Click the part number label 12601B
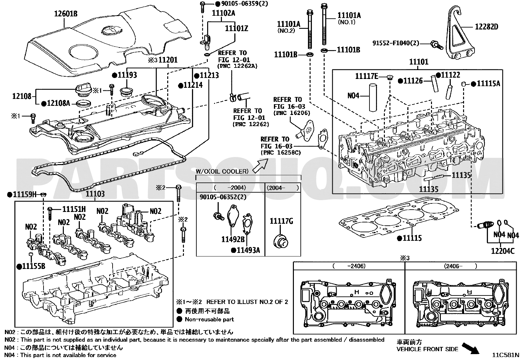65,14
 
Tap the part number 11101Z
236,28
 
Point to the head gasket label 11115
412,238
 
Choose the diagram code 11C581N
506,355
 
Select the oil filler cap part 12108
83,90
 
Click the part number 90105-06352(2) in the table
223,197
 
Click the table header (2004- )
283,188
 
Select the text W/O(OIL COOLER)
222,171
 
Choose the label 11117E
367,76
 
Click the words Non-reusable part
209,319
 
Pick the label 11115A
488,84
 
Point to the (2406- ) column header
460,266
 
